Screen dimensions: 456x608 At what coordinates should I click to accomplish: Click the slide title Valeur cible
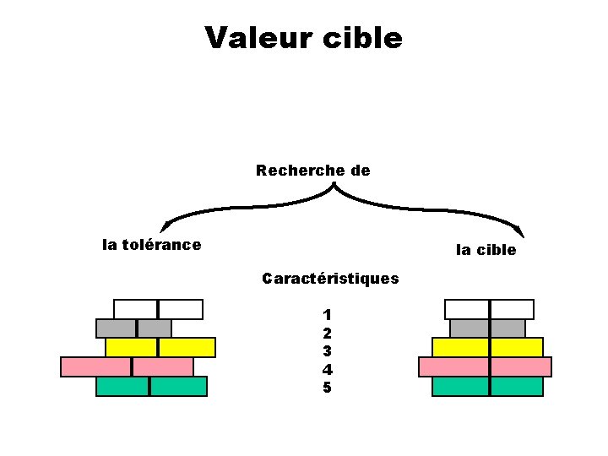click(303, 38)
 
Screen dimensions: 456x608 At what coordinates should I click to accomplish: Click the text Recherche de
click(312, 171)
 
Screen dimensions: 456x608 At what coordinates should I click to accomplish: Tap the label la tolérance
click(151, 245)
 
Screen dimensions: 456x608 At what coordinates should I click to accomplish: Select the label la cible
click(486, 249)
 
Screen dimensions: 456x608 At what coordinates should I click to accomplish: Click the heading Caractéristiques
click(330, 278)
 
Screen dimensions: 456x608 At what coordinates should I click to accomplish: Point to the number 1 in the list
click(327, 314)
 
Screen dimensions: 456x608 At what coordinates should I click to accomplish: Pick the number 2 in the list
click(327, 333)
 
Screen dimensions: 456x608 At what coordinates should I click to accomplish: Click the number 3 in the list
click(327, 350)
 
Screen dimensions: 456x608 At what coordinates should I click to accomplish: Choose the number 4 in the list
click(327, 369)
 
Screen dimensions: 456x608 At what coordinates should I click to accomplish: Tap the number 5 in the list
click(327, 388)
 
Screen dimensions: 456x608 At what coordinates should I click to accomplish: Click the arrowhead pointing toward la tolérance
click(165, 225)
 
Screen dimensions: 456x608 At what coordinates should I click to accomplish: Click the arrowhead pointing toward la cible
click(520, 231)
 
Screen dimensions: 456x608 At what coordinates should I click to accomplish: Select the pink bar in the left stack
click(127, 366)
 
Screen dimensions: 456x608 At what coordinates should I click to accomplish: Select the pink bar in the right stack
click(485, 366)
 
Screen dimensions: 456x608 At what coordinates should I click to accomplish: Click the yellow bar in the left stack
click(160, 347)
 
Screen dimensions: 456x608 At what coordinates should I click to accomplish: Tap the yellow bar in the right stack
click(487, 347)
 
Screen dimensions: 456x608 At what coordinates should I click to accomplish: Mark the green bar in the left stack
click(151, 386)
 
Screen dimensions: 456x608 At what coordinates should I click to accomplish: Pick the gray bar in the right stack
click(487, 328)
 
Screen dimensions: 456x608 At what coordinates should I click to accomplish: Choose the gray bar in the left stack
click(133, 328)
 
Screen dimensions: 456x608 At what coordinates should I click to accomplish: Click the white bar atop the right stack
click(489, 309)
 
